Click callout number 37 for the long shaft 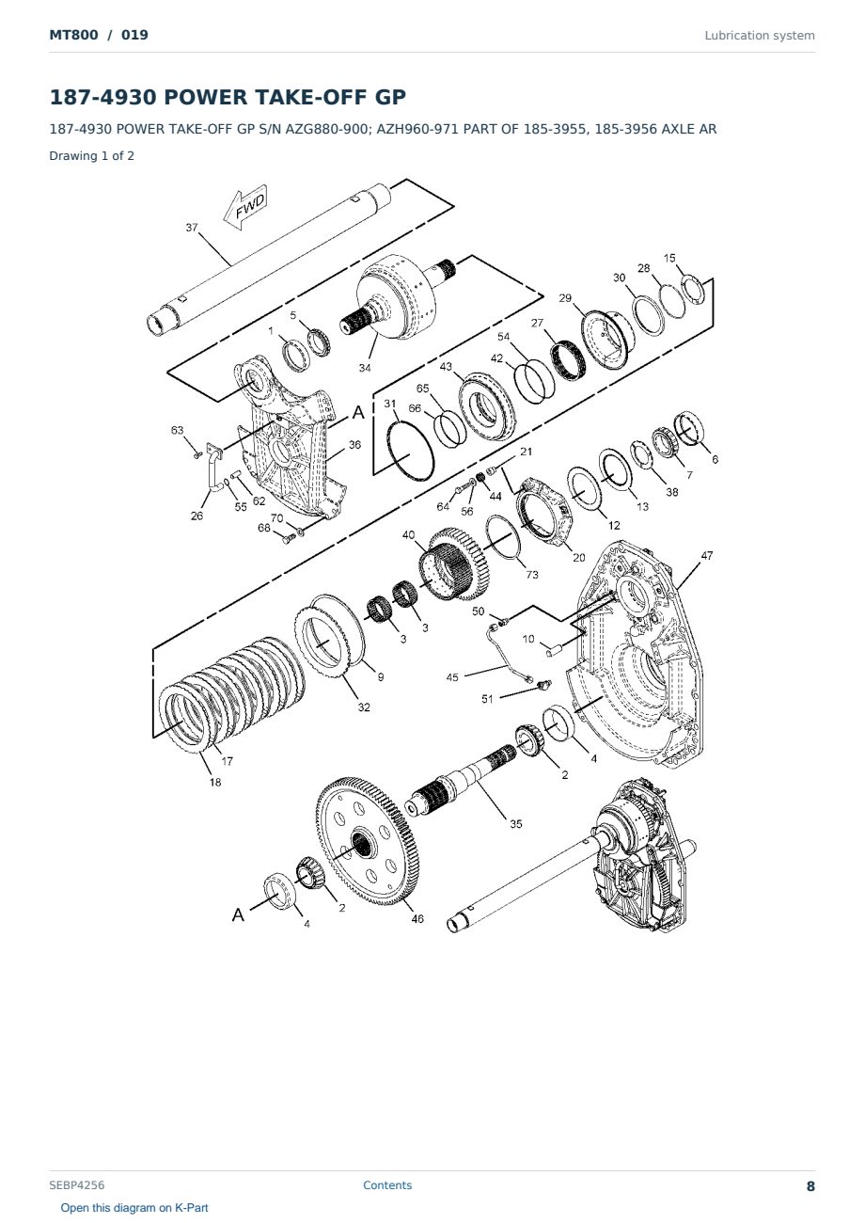192,227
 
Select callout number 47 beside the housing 707,555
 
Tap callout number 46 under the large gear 417,919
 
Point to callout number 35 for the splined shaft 516,824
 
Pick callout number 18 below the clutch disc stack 215,783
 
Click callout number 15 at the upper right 669,258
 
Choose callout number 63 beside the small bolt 178,430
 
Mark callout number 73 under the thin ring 532,575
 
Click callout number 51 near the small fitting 487,699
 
